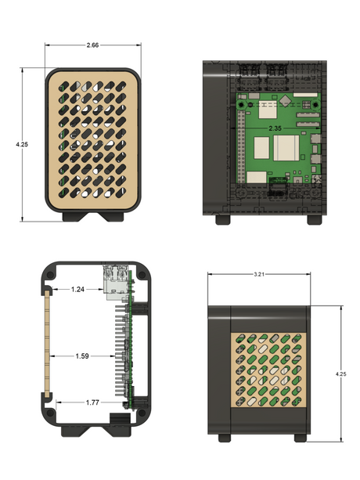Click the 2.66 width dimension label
click(x=92, y=45)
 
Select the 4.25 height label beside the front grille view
click(x=22, y=144)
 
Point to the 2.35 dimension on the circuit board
click(x=275, y=128)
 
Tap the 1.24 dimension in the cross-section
click(x=77, y=289)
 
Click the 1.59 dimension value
click(x=82, y=356)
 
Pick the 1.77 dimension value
click(x=92, y=402)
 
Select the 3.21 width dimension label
click(x=259, y=274)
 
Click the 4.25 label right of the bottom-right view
click(x=340, y=374)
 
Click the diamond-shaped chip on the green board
click(x=286, y=100)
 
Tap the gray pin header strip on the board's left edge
click(x=241, y=146)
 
